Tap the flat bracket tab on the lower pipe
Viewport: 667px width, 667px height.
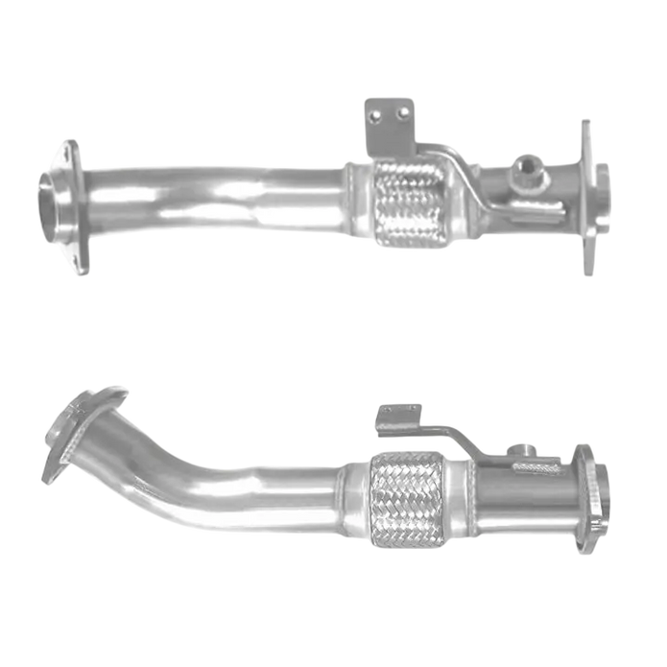coord(397,417)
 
